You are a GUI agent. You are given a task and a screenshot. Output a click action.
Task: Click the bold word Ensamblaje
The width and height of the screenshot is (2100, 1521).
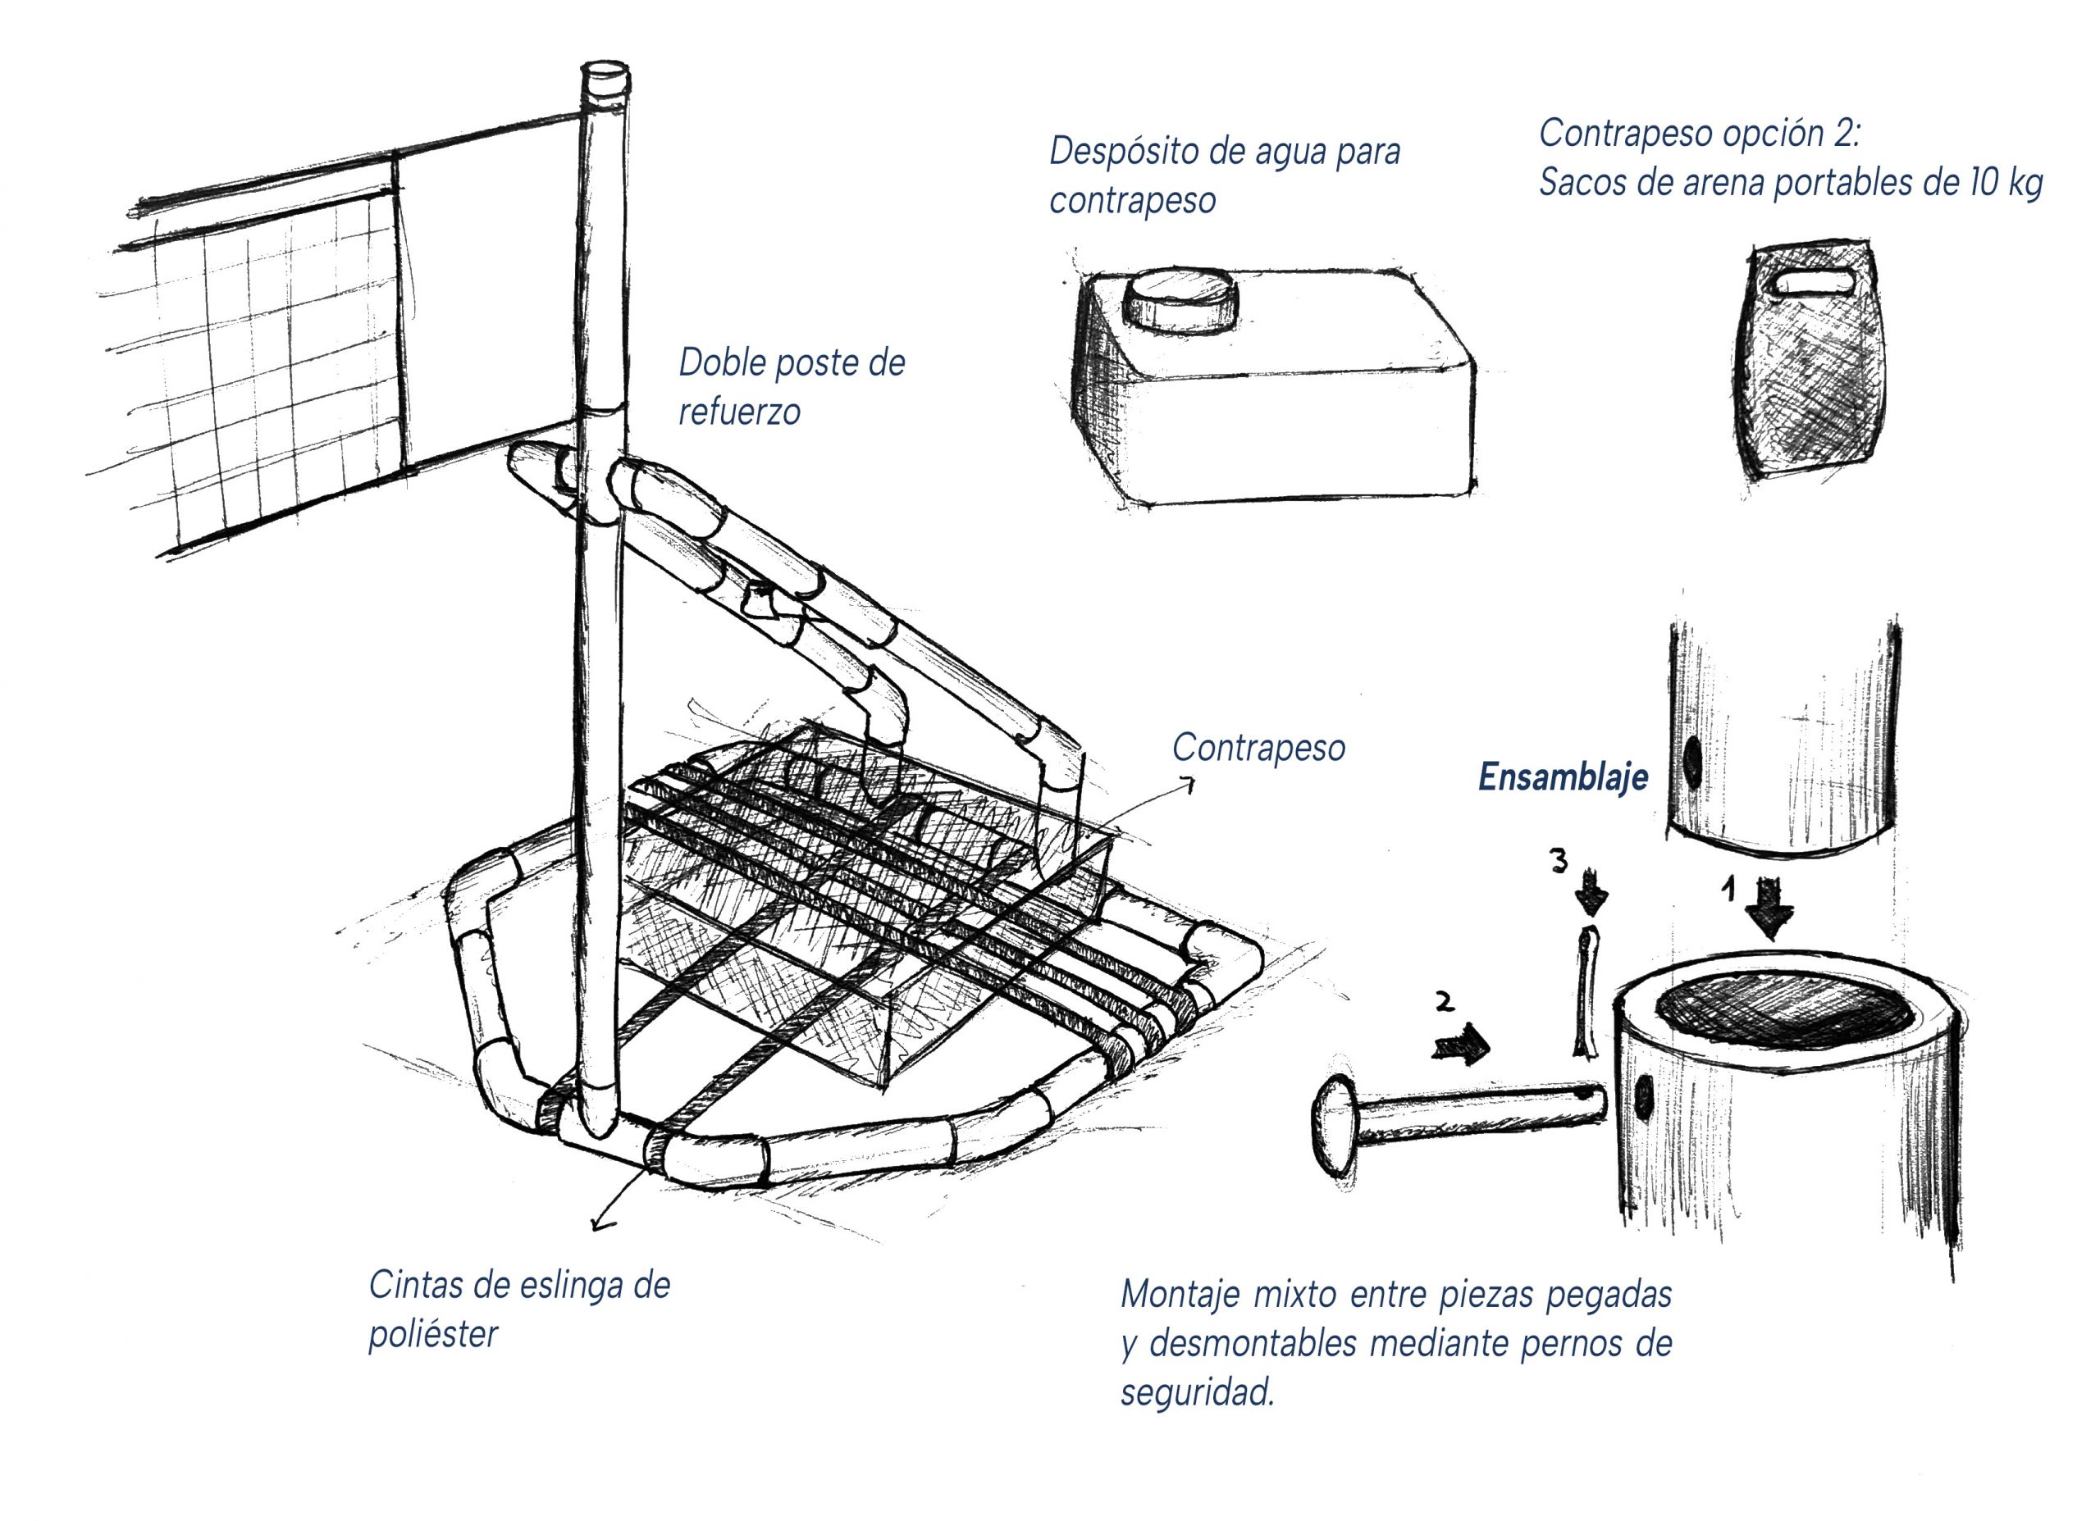pyautogui.click(x=1563, y=777)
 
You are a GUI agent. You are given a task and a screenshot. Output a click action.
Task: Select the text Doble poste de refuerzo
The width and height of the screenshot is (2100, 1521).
pyautogui.click(x=791, y=387)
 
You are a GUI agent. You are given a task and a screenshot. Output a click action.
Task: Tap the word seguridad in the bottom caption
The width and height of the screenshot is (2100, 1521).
pyautogui.click(x=1196, y=1393)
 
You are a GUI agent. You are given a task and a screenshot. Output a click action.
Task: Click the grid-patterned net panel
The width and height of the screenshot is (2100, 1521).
pyautogui.click(x=278, y=371)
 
